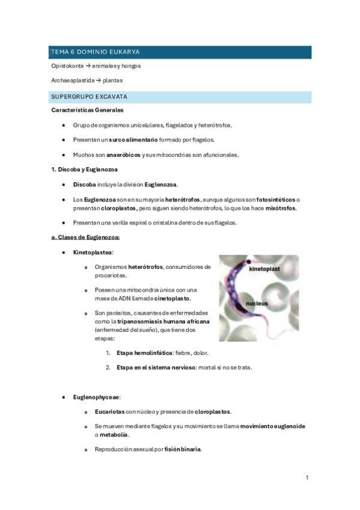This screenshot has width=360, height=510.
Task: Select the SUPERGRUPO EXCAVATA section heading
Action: click(x=89, y=96)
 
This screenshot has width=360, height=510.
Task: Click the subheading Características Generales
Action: click(x=87, y=110)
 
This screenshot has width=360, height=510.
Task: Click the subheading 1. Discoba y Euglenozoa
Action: click(x=85, y=170)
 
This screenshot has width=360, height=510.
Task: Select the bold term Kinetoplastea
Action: click(x=93, y=253)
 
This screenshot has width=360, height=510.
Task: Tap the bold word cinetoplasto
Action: click(x=172, y=298)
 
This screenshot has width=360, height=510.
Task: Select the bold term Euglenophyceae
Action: click(x=97, y=397)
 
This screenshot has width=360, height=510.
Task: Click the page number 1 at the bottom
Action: click(x=307, y=478)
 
